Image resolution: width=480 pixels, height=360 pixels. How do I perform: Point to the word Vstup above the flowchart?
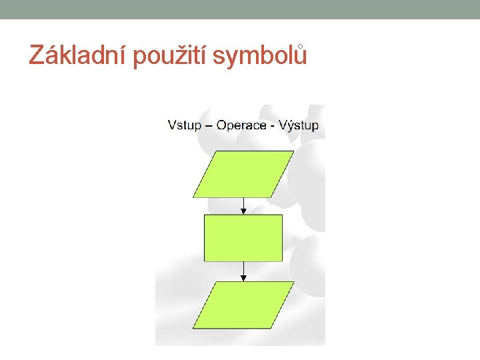click(x=184, y=125)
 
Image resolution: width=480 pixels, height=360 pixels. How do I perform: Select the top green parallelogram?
click(x=243, y=174)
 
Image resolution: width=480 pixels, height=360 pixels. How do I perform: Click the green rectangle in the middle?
click(x=243, y=237)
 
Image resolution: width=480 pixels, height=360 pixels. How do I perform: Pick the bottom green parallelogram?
click(x=243, y=304)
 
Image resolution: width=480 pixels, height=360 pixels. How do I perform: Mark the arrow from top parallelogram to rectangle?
click(x=243, y=205)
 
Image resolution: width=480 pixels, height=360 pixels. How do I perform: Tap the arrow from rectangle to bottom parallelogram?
click(x=243, y=270)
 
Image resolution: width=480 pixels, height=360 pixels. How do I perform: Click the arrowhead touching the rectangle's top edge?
click(x=243, y=211)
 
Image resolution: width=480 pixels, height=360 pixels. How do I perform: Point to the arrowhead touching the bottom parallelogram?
click(x=243, y=278)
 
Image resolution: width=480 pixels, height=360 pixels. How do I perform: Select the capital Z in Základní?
click(x=37, y=56)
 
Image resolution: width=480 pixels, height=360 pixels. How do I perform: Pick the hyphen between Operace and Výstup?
click(x=273, y=126)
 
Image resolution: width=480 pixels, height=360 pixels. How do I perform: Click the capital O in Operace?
click(x=223, y=125)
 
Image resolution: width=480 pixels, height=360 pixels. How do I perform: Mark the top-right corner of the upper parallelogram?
click(x=293, y=152)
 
